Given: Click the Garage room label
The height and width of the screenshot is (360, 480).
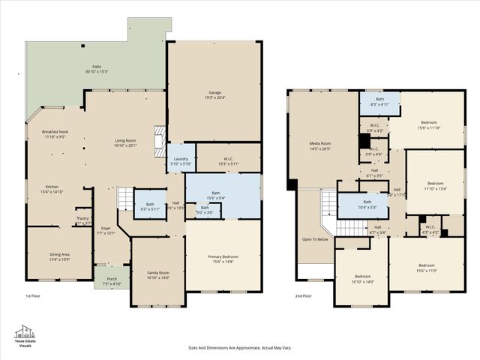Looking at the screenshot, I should click(214, 94).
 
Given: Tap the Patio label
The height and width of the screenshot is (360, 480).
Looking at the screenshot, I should click(97, 67).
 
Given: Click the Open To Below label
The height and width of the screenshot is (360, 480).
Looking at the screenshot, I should click(315, 239).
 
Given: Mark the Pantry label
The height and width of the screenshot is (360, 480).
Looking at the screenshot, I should click(82, 220).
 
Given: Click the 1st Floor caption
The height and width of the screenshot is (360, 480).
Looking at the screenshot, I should click(33, 296).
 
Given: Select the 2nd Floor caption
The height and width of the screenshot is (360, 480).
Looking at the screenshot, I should click(304, 296).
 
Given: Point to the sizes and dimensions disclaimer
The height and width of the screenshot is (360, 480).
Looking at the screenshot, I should click(240, 347).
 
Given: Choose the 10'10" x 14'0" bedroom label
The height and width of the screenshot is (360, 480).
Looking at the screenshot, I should click(362, 278).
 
